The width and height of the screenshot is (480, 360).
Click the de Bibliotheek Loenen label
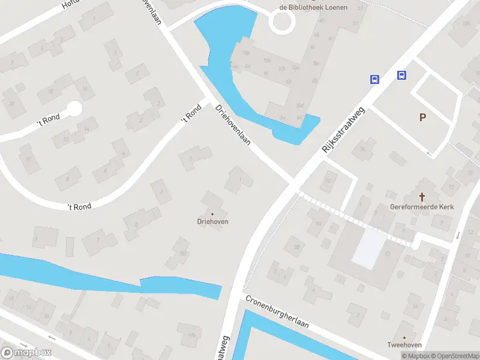[x=307, y=7]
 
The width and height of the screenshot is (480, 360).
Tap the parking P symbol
[x=423, y=118]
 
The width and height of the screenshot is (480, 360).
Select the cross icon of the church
[x=422, y=196]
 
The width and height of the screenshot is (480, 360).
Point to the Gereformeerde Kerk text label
[x=422, y=207]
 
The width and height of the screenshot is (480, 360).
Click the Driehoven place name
[x=212, y=221]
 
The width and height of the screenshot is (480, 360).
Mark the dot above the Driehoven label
[x=212, y=214]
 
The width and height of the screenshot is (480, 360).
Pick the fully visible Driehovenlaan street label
[x=233, y=125]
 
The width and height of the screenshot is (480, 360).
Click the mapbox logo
[x=26, y=353]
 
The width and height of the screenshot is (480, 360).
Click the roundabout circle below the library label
[x=282, y=23]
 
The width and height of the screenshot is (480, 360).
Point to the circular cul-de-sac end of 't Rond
[x=74, y=109]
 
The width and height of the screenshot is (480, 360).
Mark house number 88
[x=296, y=246]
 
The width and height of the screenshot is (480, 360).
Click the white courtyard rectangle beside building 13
[x=368, y=248]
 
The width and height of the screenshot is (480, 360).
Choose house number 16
[x=85, y=89]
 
